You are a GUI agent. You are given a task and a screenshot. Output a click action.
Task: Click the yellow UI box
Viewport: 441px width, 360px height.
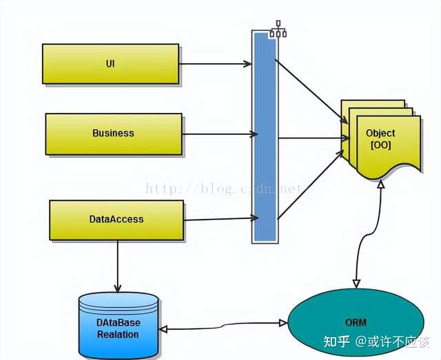pos(110,64)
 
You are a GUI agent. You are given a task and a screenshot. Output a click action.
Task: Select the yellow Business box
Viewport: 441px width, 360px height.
pos(114,134)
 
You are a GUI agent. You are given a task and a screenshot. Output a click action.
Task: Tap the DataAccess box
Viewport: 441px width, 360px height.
pos(116,220)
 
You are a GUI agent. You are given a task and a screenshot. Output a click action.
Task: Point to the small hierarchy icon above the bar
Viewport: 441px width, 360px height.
pos(278,28)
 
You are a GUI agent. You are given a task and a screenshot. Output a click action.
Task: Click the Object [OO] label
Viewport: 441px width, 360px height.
pos(380,138)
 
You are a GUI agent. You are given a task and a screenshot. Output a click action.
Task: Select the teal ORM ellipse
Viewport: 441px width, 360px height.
pos(356,323)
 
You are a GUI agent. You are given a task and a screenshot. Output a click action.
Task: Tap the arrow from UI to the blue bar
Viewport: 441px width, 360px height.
pos(215,64)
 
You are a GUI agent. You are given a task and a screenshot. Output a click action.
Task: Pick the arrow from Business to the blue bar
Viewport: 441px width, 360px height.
pos(217,134)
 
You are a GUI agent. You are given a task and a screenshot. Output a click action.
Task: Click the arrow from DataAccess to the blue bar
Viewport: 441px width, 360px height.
pos(219,220)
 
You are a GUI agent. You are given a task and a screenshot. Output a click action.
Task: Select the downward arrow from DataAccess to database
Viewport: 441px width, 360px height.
pos(118,264)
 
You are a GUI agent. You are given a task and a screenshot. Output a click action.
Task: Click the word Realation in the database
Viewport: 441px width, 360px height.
pos(118,335)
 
